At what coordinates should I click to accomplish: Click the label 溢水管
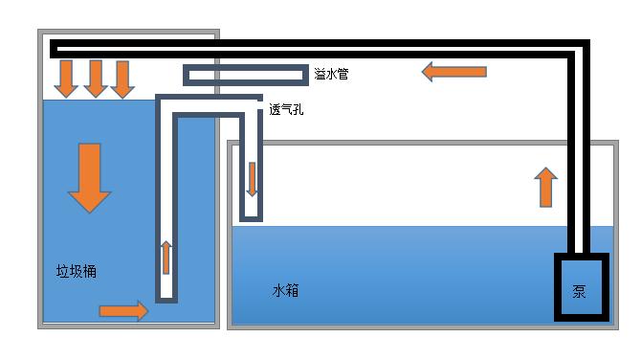(331, 74)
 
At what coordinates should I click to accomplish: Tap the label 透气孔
(288, 109)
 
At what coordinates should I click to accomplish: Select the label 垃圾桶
(77, 272)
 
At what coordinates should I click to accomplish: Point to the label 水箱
(286, 289)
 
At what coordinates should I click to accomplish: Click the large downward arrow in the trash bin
(89, 177)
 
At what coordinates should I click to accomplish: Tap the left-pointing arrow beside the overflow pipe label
(454, 71)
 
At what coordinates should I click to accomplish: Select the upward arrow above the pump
(545, 188)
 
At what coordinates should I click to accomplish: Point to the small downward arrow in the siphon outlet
(252, 179)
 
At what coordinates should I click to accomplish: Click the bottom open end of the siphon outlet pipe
(252, 218)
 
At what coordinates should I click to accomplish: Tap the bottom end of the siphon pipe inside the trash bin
(166, 298)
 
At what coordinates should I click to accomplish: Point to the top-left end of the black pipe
(54, 48)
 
